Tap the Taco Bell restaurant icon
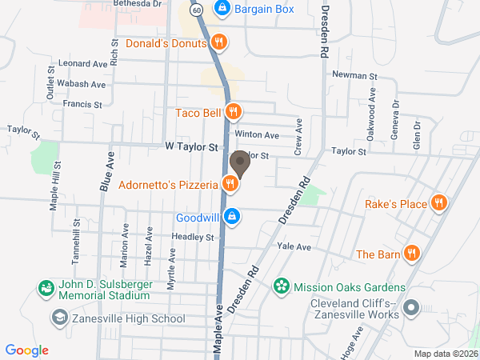(x=233, y=112)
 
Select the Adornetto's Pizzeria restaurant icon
(x=230, y=185)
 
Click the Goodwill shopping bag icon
(x=231, y=217)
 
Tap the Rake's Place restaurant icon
(x=438, y=203)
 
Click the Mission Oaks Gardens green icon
(x=281, y=286)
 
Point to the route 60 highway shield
(x=196, y=10)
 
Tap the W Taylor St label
(x=191, y=147)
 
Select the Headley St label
(x=193, y=237)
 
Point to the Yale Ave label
(x=294, y=247)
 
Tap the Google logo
(x=26, y=350)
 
